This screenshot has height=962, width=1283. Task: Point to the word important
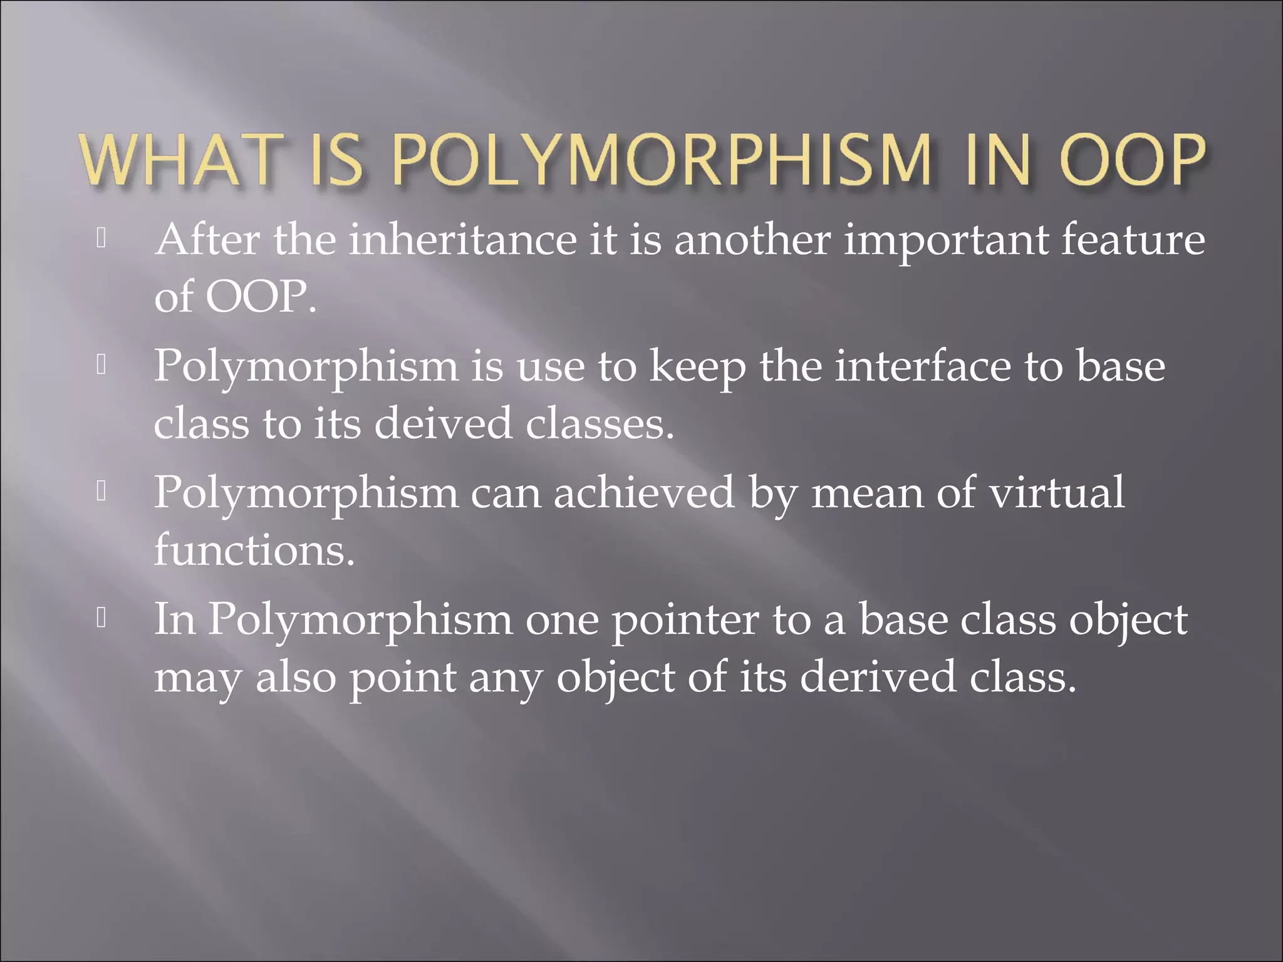(x=945, y=241)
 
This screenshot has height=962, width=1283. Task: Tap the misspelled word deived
(x=442, y=423)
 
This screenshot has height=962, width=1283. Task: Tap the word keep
(x=697, y=368)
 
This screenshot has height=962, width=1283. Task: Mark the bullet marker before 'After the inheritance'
(x=101, y=239)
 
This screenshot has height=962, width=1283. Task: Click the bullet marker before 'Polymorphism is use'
(x=101, y=365)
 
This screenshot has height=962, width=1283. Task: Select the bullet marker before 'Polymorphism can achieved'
(x=101, y=492)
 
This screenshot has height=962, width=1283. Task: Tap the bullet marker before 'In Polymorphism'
(x=101, y=619)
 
